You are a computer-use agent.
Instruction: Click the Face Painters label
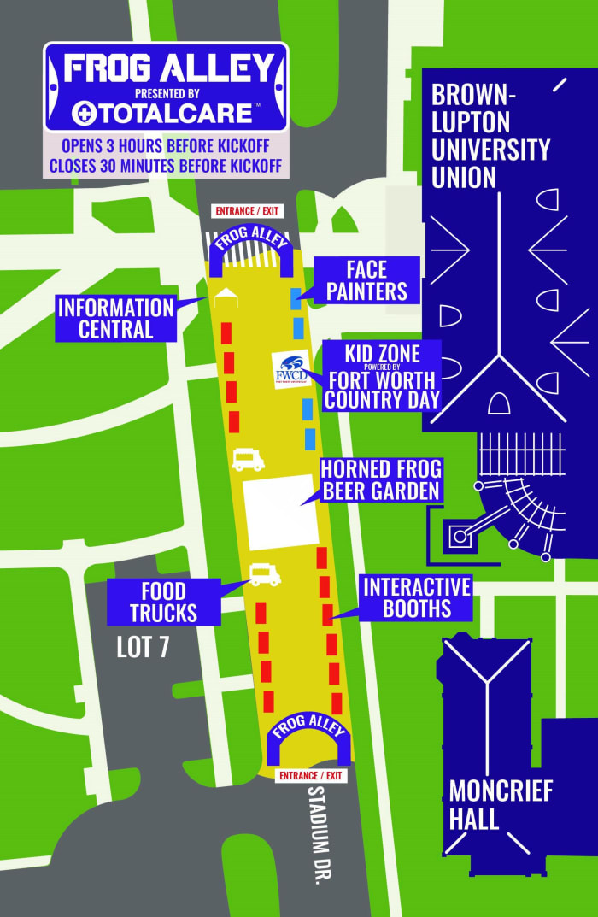[366, 279]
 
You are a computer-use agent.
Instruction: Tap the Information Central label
[115, 318]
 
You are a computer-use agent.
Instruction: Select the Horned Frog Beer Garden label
[380, 479]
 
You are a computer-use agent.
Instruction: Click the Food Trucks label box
[163, 602]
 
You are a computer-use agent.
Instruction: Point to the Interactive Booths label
[417, 597]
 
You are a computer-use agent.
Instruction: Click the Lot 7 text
[143, 647]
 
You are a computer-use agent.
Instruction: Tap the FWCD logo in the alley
[290, 368]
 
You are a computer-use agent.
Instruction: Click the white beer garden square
[280, 512]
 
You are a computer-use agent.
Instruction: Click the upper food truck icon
[248, 461]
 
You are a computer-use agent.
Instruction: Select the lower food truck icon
[265, 575]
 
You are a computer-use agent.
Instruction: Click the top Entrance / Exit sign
[247, 211]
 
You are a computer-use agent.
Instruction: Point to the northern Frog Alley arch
[252, 243]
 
